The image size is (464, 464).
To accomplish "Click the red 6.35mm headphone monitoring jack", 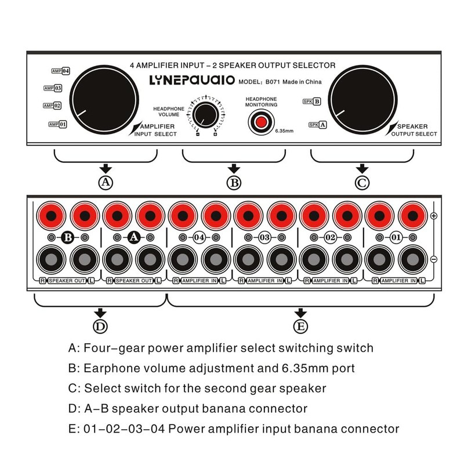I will click(x=262, y=122).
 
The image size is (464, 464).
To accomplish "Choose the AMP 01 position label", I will click(x=58, y=124).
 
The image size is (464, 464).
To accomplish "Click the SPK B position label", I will click(x=311, y=101).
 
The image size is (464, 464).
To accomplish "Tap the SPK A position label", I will click(x=317, y=124).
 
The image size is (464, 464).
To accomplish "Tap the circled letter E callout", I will click(x=300, y=326).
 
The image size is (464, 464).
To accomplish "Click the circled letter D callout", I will click(x=100, y=326).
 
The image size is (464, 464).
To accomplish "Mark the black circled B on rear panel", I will click(x=68, y=237).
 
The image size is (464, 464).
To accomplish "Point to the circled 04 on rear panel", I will click(x=200, y=237).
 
